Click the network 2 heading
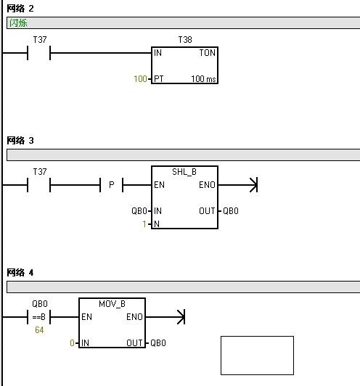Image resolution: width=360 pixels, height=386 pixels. [20, 9]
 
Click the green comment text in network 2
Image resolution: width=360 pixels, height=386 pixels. [18, 23]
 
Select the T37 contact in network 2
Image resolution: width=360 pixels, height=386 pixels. [39, 53]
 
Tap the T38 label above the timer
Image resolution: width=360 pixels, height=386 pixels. [185, 40]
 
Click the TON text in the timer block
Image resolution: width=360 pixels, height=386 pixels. [207, 53]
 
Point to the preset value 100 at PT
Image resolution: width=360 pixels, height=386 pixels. [140, 79]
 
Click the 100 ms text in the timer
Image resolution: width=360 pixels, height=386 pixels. [203, 79]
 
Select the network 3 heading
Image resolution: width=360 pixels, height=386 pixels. [20, 141]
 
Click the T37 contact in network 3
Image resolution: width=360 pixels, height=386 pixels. [39, 184]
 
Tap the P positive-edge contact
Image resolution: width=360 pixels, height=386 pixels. [111, 184]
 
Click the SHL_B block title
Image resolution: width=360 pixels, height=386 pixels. [184, 171]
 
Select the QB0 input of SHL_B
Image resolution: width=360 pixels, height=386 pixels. [139, 211]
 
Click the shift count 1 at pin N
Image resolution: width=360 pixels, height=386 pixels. [144, 224]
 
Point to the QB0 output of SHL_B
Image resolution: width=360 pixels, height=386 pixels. [231, 211]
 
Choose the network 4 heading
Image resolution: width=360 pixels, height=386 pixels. [20, 273]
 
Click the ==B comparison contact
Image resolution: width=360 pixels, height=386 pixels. [39, 317]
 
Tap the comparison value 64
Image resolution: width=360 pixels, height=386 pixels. [39, 330]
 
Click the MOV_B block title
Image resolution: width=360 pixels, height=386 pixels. [112, 304]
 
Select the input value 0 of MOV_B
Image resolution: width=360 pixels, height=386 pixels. [72, 343]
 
